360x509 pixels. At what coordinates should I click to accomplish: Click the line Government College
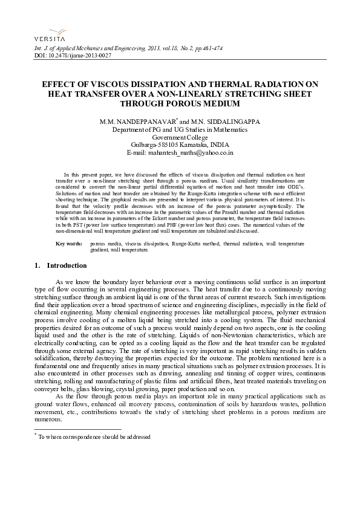[x=180, y=137]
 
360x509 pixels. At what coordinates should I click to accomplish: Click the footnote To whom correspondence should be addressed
[x=94, y=436]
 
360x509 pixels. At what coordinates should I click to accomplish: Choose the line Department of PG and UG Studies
[x=180, y=129]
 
